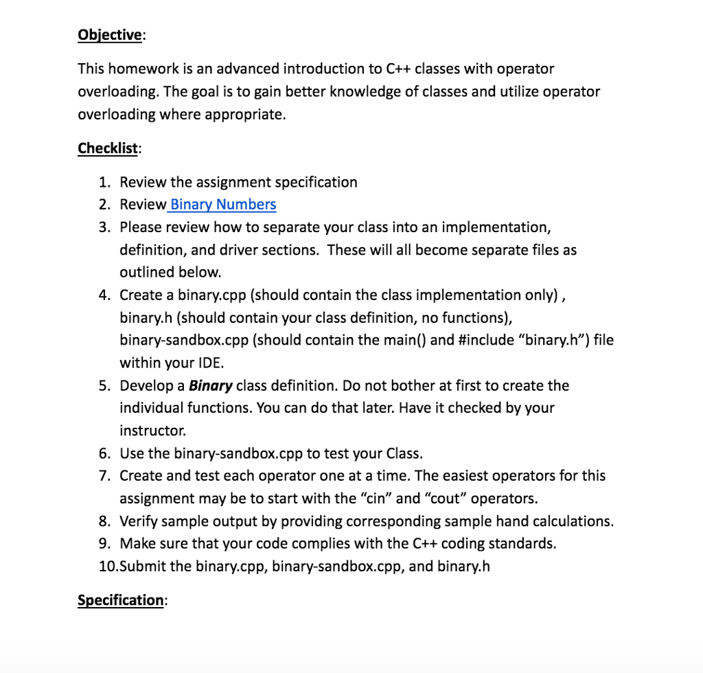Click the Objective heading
coord(110,34)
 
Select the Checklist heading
coord(108,148)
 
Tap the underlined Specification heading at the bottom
coord(120,600)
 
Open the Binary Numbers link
coord(223,205)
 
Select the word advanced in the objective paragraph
coord(247,69)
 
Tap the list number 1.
coord(104,183)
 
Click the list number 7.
coord(104,475)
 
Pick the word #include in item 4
coord(483,340)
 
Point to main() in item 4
coord(405,340)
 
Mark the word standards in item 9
coord(522,543)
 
